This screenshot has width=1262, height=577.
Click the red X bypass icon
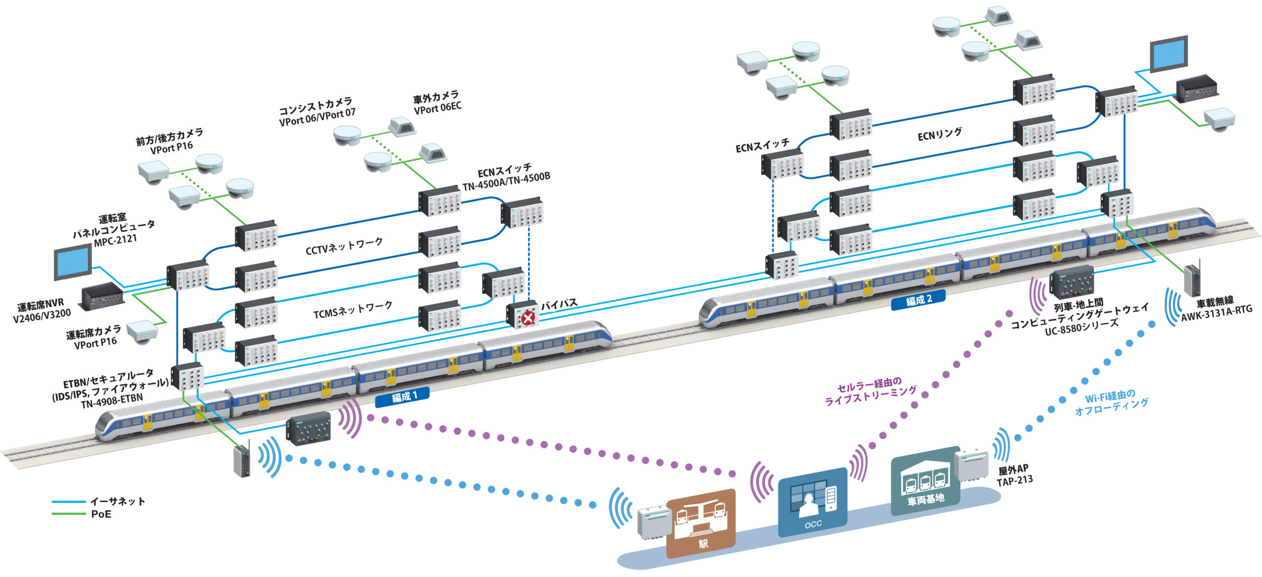click(x=528, y=318)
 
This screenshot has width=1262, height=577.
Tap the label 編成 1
click(x=403, y=397)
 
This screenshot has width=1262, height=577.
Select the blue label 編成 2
click(x=918, y=300)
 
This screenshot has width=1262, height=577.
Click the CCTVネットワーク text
click(x=344, y=246)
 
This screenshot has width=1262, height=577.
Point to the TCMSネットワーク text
click(x=353, y=309)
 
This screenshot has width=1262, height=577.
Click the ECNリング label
click(x=940, y=134)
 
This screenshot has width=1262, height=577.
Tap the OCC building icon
click(x=812, y=502)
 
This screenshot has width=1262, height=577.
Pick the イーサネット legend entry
click(x=117, y=502)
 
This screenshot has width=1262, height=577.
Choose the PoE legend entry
click(x=101, y=514)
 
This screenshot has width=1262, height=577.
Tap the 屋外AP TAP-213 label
click(x=1014, y=475)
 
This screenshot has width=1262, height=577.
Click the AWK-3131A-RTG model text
click(x=1216, y=313)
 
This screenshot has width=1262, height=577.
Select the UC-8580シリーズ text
click(x=1081, y=327)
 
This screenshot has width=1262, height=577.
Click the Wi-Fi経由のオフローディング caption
click(x=1111, y=403)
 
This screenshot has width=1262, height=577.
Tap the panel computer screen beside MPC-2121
click(x=72, y=262)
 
